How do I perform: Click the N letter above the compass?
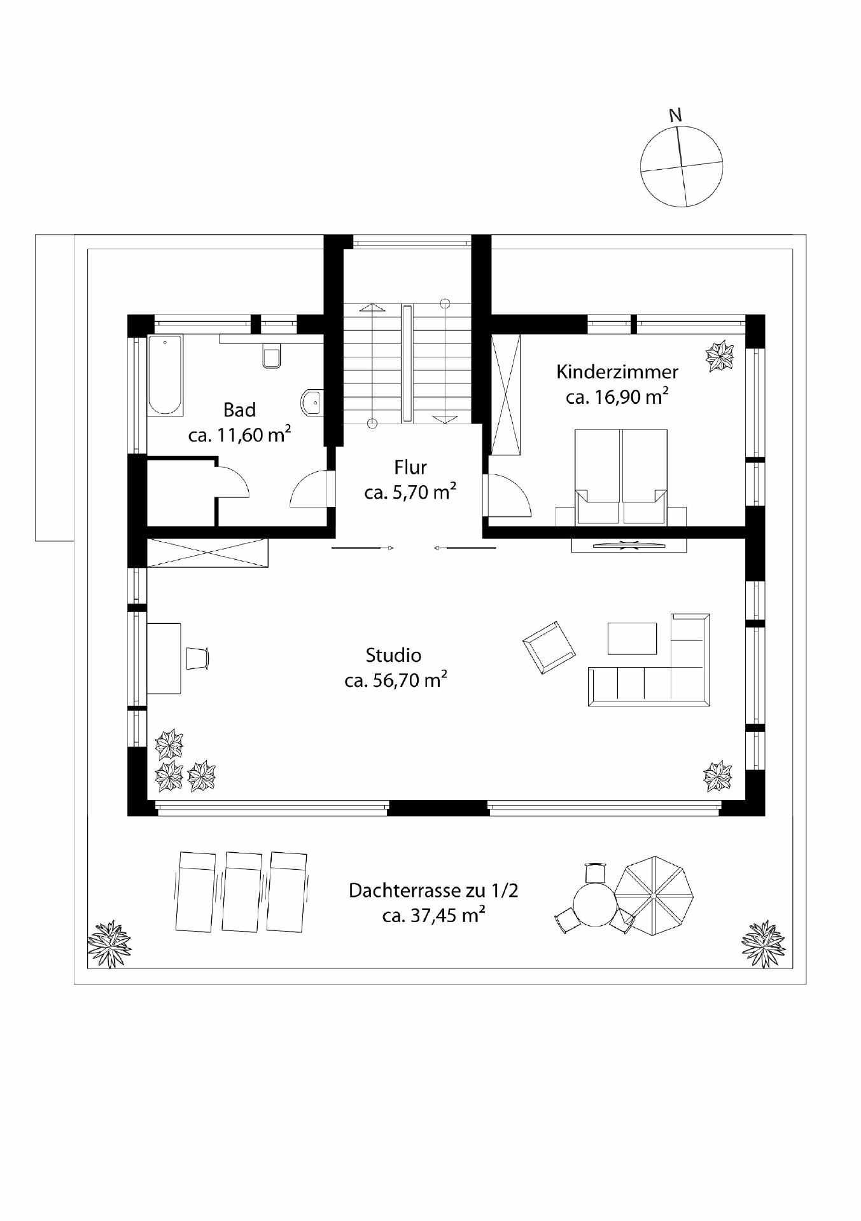(x=675, y=116)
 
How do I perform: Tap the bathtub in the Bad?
(x=165, y=375)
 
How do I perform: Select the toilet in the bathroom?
(x=272, y=357)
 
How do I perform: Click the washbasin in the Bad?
(x=312, y=403)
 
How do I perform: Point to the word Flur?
(x=410, y=467)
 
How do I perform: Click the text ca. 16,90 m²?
(x=617, y=397)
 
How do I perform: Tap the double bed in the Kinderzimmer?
(x=620, y=474)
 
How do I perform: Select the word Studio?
(x=393, y=655)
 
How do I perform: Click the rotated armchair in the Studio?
(x=549, y=647)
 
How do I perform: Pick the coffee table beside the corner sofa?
(x=631, y=638)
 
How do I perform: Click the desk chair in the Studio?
(x=197, y=658)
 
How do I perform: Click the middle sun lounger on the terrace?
(x=242, y=892)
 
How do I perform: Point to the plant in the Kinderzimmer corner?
(x=720, y=356)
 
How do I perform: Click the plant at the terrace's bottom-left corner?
(x=109, y=944)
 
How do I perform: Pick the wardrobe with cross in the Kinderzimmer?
(x=507, y=394)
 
